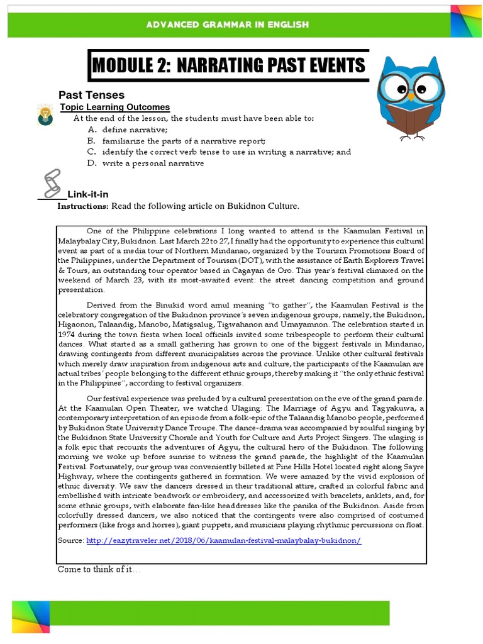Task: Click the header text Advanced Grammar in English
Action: (227, 25)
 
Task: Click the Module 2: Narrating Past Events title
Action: (228, 65)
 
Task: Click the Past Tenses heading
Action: (91, 95)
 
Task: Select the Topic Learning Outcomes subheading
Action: (114, 107)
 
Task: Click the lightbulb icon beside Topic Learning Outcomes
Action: (45, 114)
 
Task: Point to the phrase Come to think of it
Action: (99, 569)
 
